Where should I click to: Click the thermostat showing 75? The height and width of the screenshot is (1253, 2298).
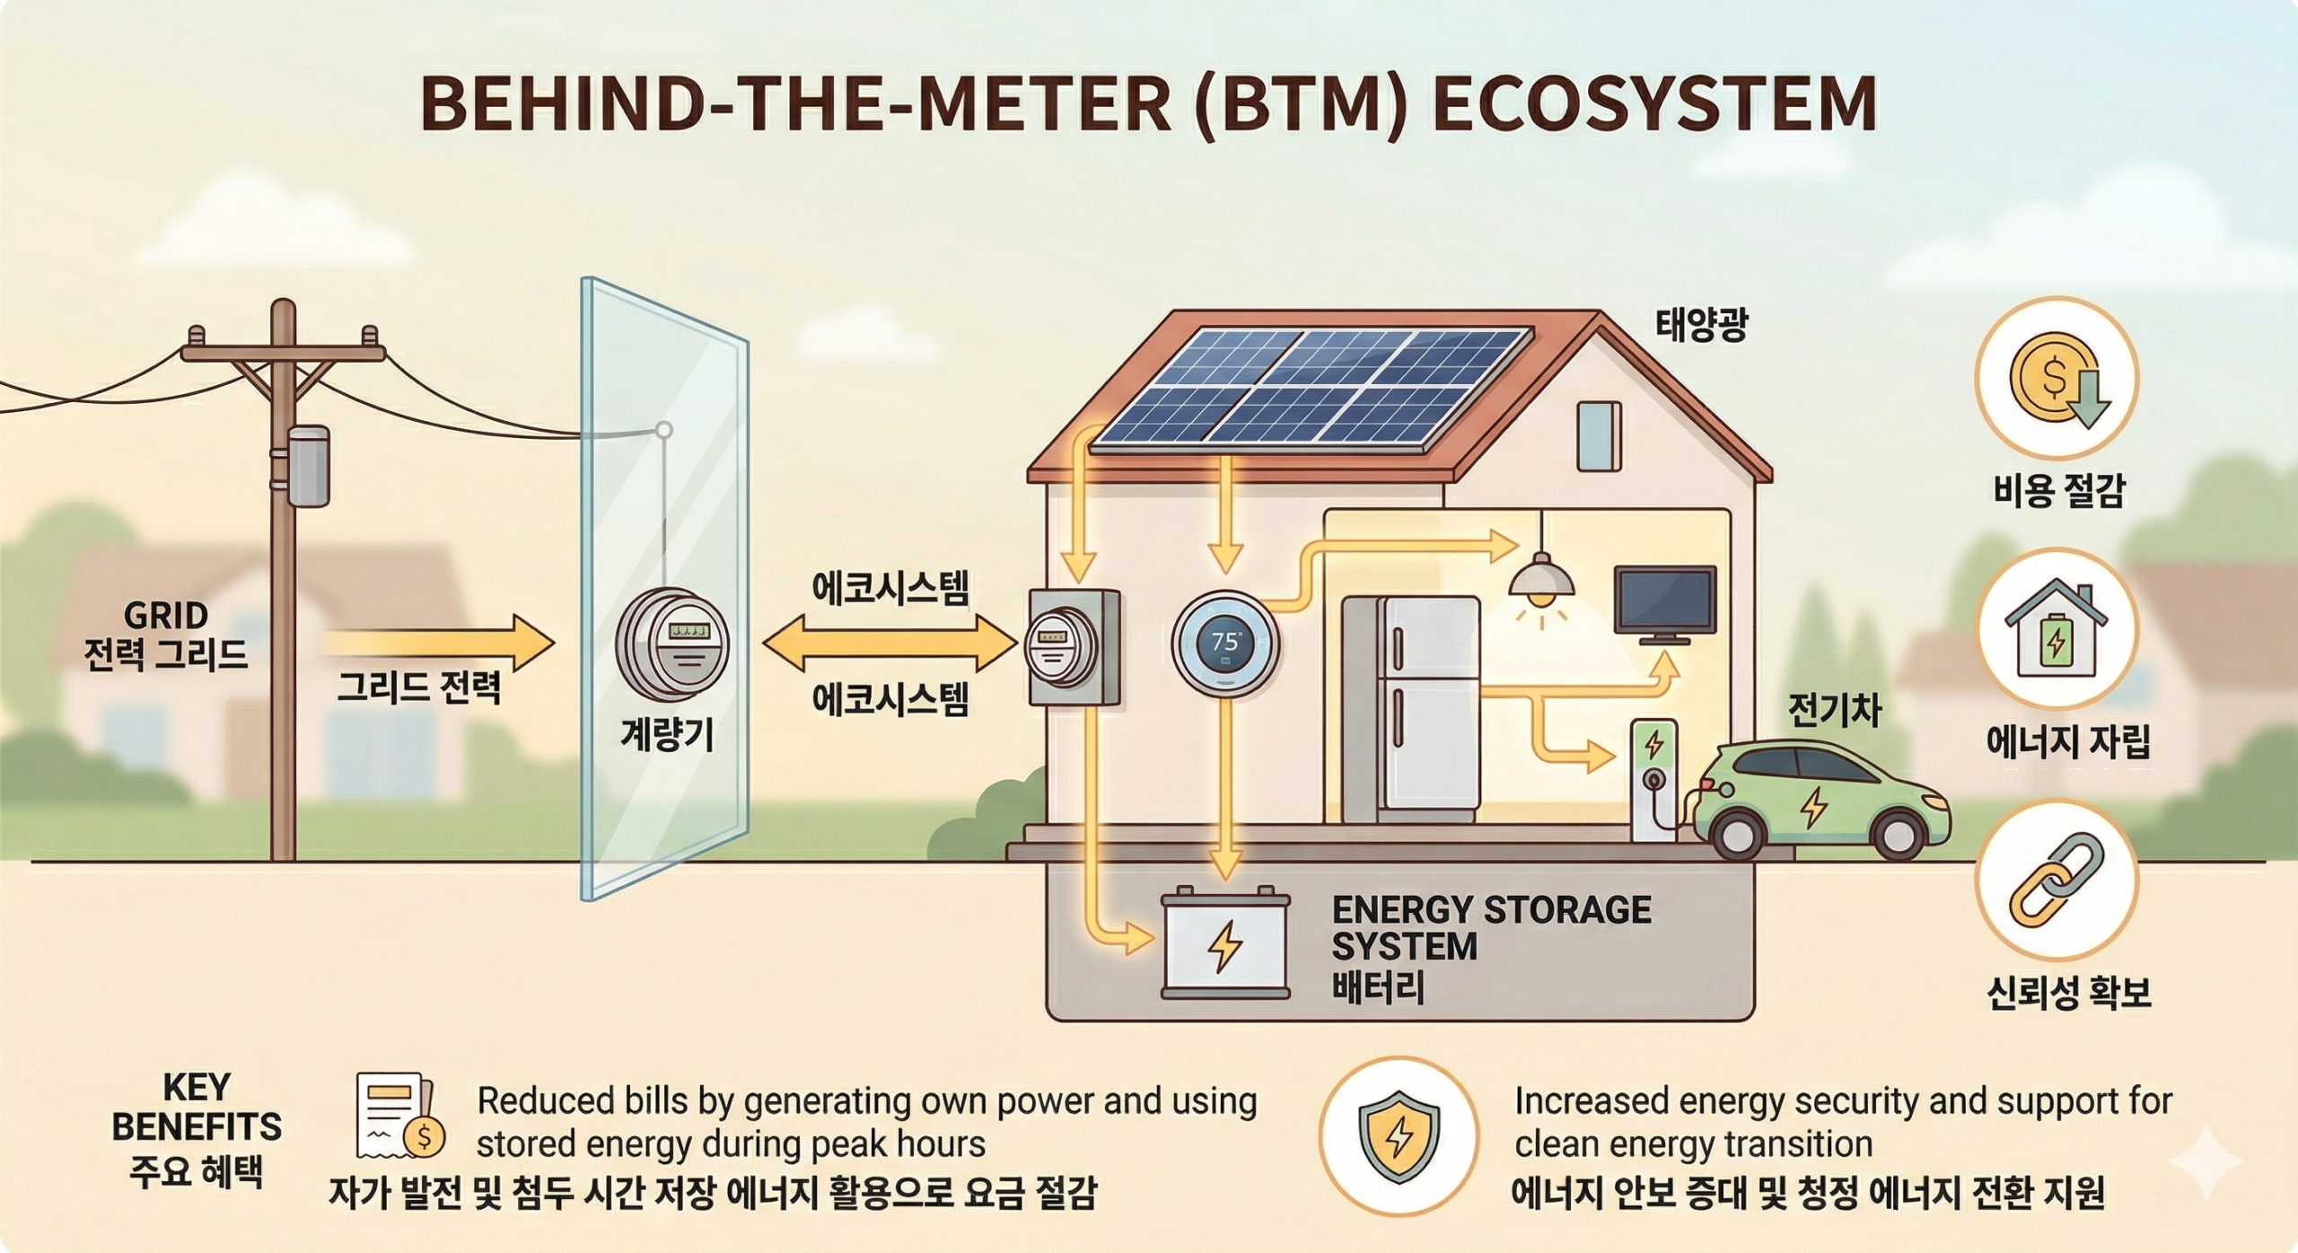1225,643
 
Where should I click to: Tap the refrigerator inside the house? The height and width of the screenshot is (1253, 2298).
1410,707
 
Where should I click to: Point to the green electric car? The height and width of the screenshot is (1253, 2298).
1822,801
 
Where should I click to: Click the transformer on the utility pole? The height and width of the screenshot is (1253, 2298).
308,467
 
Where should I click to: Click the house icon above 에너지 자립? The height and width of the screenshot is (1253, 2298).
2056,628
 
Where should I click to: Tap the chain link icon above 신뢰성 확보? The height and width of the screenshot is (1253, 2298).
2057,880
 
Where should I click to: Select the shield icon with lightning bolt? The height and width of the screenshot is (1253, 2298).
1399,1135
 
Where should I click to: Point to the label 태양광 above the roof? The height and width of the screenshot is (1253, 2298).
1701,325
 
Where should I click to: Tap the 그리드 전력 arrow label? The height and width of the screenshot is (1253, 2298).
418,688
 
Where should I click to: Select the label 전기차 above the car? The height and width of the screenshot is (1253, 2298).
1834,711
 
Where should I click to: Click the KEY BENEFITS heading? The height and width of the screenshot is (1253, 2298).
197,1106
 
